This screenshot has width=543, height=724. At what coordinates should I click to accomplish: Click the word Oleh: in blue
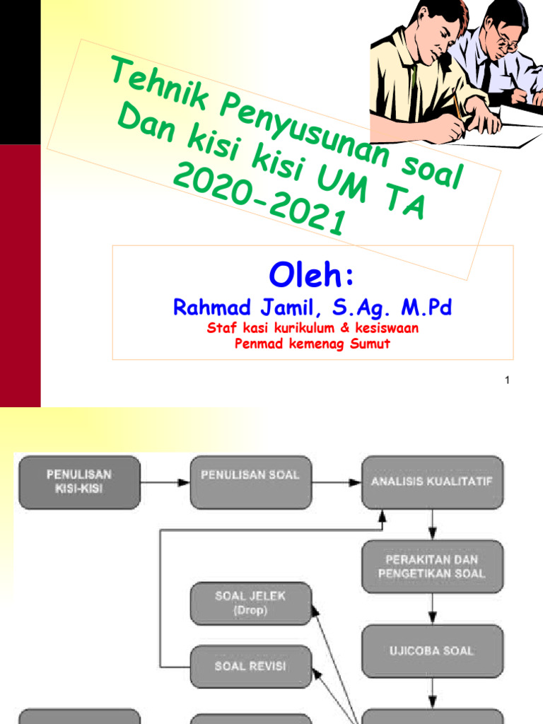[x=312, y=276]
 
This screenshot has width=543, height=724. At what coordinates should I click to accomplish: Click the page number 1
[x=507, y=382]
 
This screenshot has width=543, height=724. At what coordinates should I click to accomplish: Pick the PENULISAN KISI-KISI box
[x=79, y=481]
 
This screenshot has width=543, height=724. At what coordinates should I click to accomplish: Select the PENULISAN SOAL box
[x=250, y=482]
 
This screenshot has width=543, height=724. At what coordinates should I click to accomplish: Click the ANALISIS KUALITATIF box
[x=432, y=482]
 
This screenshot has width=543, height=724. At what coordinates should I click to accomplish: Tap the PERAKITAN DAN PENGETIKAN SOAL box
[x=432, y=566]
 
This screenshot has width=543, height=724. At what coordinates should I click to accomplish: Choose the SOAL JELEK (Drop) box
[x=250, y=603]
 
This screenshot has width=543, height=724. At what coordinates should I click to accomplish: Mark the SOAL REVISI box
[x=250, y=666]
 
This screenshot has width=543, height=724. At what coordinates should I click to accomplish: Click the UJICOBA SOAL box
[x=432, y=650]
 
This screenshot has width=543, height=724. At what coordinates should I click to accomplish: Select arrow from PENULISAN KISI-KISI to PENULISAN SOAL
[x=165, y=483]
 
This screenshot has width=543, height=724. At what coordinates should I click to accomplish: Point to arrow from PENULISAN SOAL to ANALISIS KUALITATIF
[x=336, y=483]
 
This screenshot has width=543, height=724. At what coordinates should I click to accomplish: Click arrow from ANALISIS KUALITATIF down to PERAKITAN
[x=432, y=525]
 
